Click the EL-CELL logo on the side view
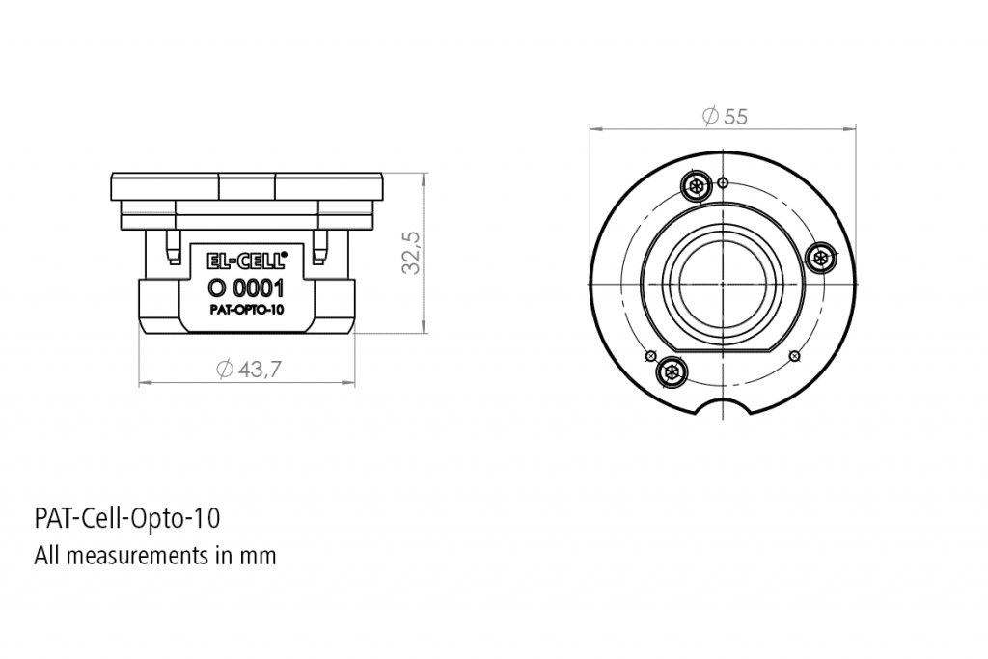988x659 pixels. (247, 260)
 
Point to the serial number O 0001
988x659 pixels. (247, 287)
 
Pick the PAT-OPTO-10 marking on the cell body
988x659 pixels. (247, 311)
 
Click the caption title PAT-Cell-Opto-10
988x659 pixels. (127, 518)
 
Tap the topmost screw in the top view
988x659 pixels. (695, 185)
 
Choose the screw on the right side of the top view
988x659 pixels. (821, 257)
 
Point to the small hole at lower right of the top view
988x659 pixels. (794, 356)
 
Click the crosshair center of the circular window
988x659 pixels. (723, 285)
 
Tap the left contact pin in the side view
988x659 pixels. (172, 248)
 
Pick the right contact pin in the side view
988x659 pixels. (321, 248)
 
